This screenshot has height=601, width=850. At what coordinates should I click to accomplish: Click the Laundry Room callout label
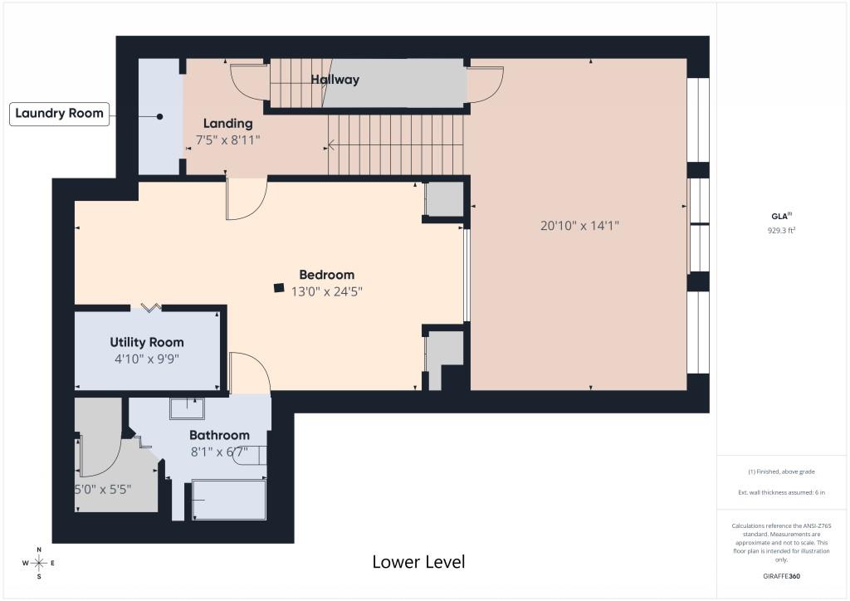point(59,114)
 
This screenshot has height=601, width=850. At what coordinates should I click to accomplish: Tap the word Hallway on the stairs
point(335,80)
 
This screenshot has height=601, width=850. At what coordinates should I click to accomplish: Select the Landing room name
point(227,124)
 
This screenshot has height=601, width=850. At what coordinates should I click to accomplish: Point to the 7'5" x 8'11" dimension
point(227,139)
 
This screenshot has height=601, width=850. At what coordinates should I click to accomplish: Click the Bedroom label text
point(327,275)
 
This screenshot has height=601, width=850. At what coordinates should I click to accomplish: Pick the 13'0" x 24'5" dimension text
point(327,291)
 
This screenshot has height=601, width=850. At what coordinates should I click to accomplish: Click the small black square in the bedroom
point(279,288)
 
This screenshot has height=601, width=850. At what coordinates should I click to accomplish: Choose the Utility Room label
point(147,343)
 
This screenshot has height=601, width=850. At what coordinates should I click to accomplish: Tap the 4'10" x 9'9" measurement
point(147,359)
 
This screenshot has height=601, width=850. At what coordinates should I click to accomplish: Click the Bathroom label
point(219,435)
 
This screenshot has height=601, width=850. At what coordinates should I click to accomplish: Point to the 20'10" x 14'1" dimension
point(579,226)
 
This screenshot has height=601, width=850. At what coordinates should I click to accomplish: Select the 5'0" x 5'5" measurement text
point(103,490)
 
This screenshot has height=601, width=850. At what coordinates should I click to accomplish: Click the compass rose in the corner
point(39,563)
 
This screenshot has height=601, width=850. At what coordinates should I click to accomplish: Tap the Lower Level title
point(418,562)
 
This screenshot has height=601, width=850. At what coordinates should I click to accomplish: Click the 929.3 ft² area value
point(781,230)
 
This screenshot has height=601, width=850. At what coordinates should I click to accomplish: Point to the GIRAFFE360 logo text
point(781,576)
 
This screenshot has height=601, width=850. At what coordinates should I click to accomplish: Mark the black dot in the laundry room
point(160,116)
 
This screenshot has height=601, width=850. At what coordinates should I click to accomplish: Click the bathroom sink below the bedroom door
point(187,408)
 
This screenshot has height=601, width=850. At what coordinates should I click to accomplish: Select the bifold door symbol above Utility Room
point(151,308)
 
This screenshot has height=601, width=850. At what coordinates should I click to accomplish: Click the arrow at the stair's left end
point(330,145)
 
